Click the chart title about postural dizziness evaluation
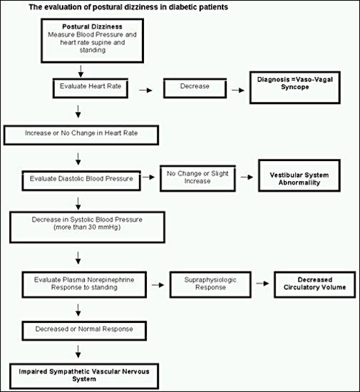tap(128, 7)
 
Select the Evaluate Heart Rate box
tap(91, 88)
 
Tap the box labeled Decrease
tap(195, 88)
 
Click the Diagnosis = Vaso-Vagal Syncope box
tap(295, 88)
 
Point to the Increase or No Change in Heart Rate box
tap(81, 135)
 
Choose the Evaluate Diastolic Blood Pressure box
tap(81, 181)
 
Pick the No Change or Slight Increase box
tap(197, 178)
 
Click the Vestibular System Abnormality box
tap(299, 175)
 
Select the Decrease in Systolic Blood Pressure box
tap(87, 227)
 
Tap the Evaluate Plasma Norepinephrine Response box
tap(84, 284)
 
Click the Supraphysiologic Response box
tap(210, 284)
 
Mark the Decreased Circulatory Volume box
tap(315, 284)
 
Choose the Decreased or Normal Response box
tap(84, 331)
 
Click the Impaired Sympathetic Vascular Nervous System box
tap(84, 376)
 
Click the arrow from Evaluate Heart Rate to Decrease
tap(145, 91)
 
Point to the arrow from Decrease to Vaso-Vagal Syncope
tap(238, 91)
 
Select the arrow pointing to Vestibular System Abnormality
tap(247, 177)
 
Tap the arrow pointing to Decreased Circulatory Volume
tap(262, 284)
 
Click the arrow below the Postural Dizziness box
tap(81, 71)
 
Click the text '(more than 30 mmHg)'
tap(87, 227)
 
